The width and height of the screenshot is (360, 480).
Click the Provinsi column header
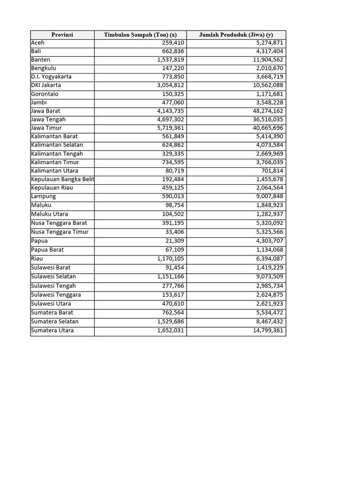62,35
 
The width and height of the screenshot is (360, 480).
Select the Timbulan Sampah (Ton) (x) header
140,35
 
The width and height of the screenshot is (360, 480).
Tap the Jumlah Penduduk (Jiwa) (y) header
236,35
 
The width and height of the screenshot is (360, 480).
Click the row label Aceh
38,43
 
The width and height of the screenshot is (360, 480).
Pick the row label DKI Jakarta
46,85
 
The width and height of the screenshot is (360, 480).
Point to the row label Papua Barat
47,250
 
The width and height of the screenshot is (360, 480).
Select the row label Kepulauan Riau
52,187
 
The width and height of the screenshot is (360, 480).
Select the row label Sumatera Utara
52,330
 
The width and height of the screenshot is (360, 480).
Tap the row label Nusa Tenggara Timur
60,232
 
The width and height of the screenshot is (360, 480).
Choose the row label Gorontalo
45,94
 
